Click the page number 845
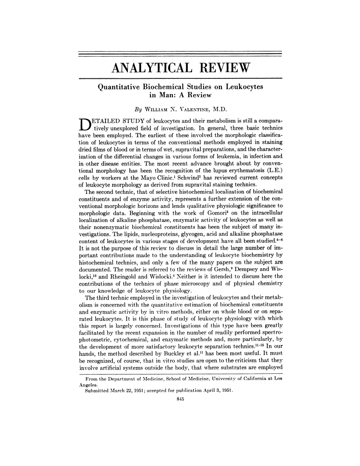(180, 399)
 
